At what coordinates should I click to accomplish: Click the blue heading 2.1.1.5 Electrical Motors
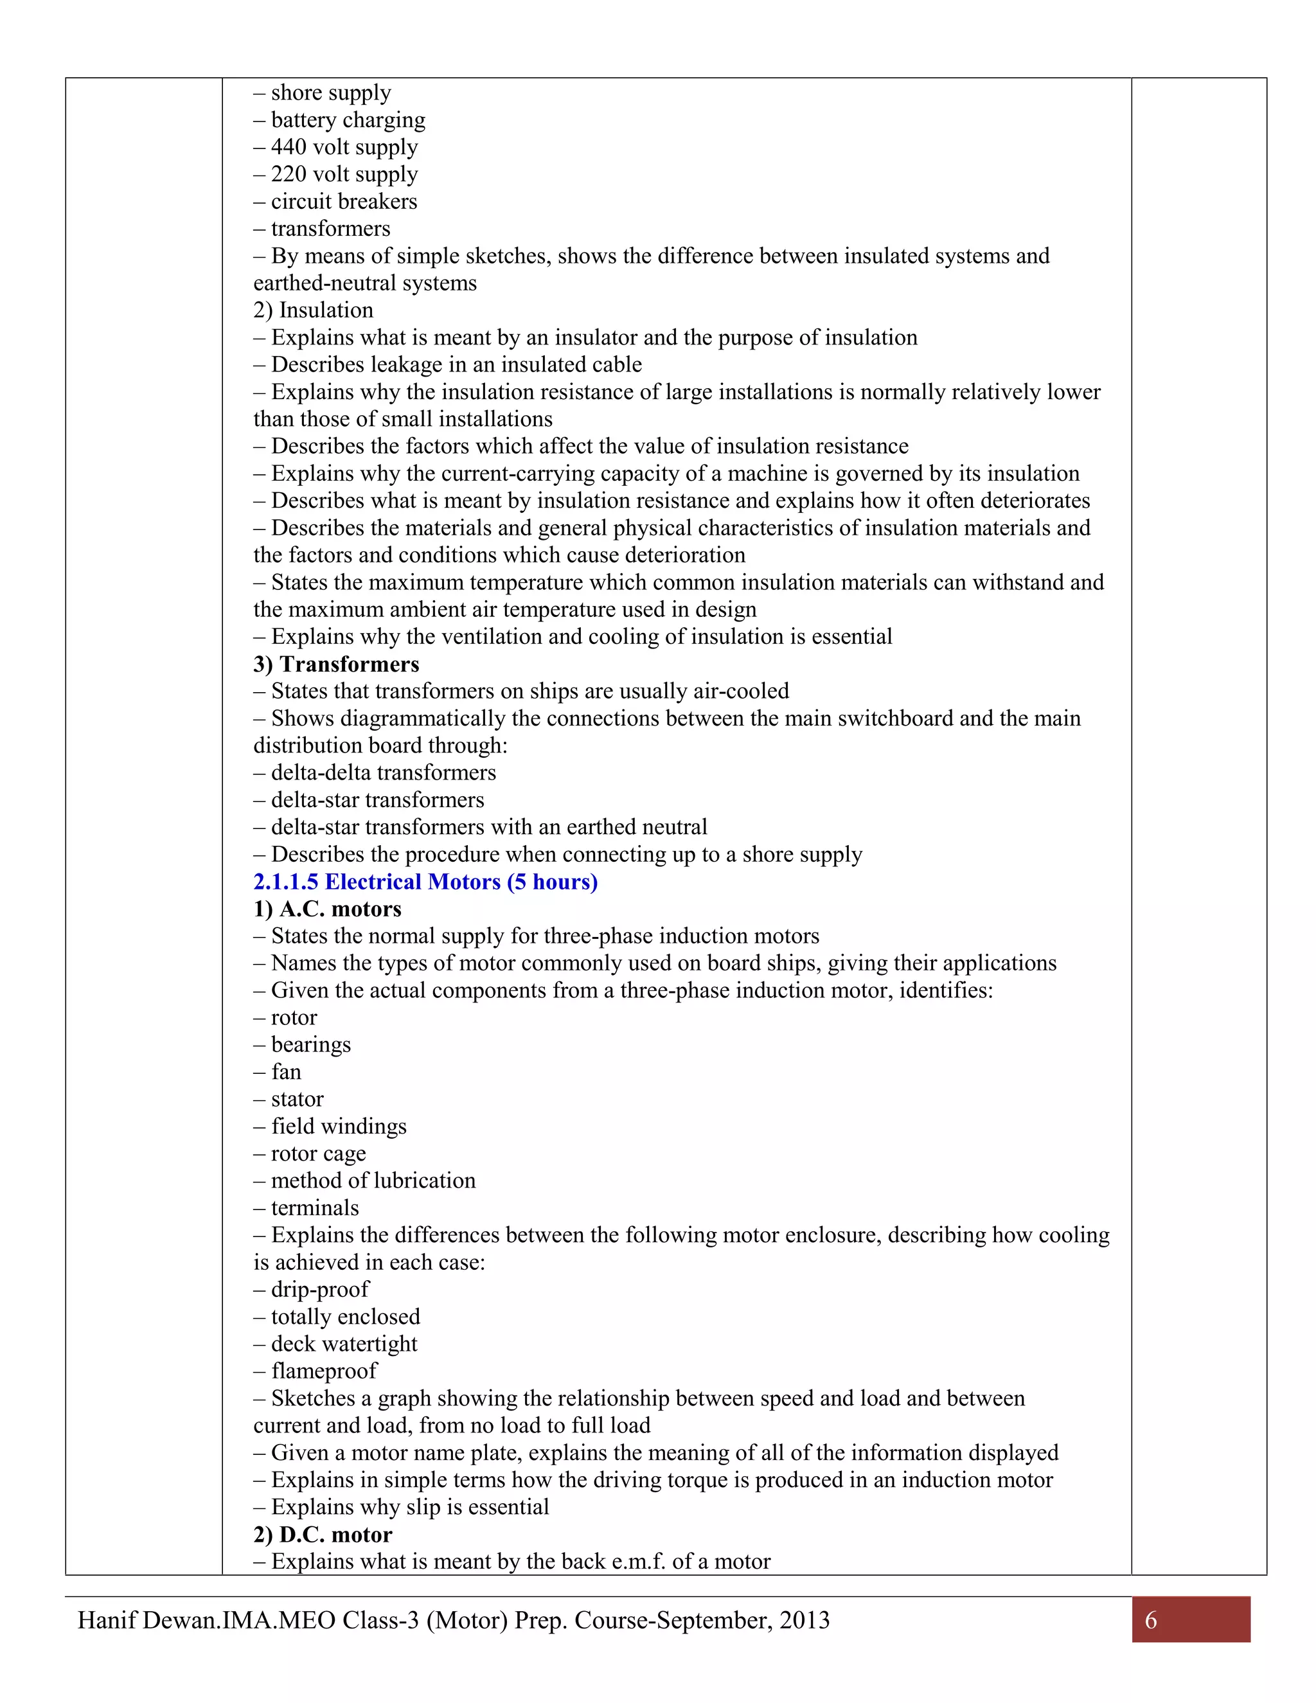(x=425, y=882)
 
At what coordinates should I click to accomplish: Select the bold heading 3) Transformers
(x=336, y=664)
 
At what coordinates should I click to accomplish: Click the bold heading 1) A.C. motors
(x=328, y=909)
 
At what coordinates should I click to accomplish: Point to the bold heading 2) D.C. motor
(x=323, y=1535)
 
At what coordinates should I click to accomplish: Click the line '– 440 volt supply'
(x=336, y=147)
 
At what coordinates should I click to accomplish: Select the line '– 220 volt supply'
(x=336, y=175)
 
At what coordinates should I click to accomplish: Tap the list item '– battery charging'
(x=340, y=120)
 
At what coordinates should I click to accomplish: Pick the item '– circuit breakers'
(x=336, y=202)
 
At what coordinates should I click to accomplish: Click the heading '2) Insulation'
(x=314, y=310)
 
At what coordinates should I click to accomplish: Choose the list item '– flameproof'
(x=316, y=1371)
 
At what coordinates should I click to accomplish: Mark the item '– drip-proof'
(x=312, y=1289)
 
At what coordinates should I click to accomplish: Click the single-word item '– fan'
(x=278, y=1072)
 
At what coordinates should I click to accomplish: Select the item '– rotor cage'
(x=310, y=1154)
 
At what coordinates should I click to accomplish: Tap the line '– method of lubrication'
(x=365, y=1181)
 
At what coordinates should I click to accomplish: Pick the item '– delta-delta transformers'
(x=375, y=772)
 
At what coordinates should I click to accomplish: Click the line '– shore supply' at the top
(x=323, y=93)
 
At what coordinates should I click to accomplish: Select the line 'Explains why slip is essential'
(x=402, y=1507)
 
